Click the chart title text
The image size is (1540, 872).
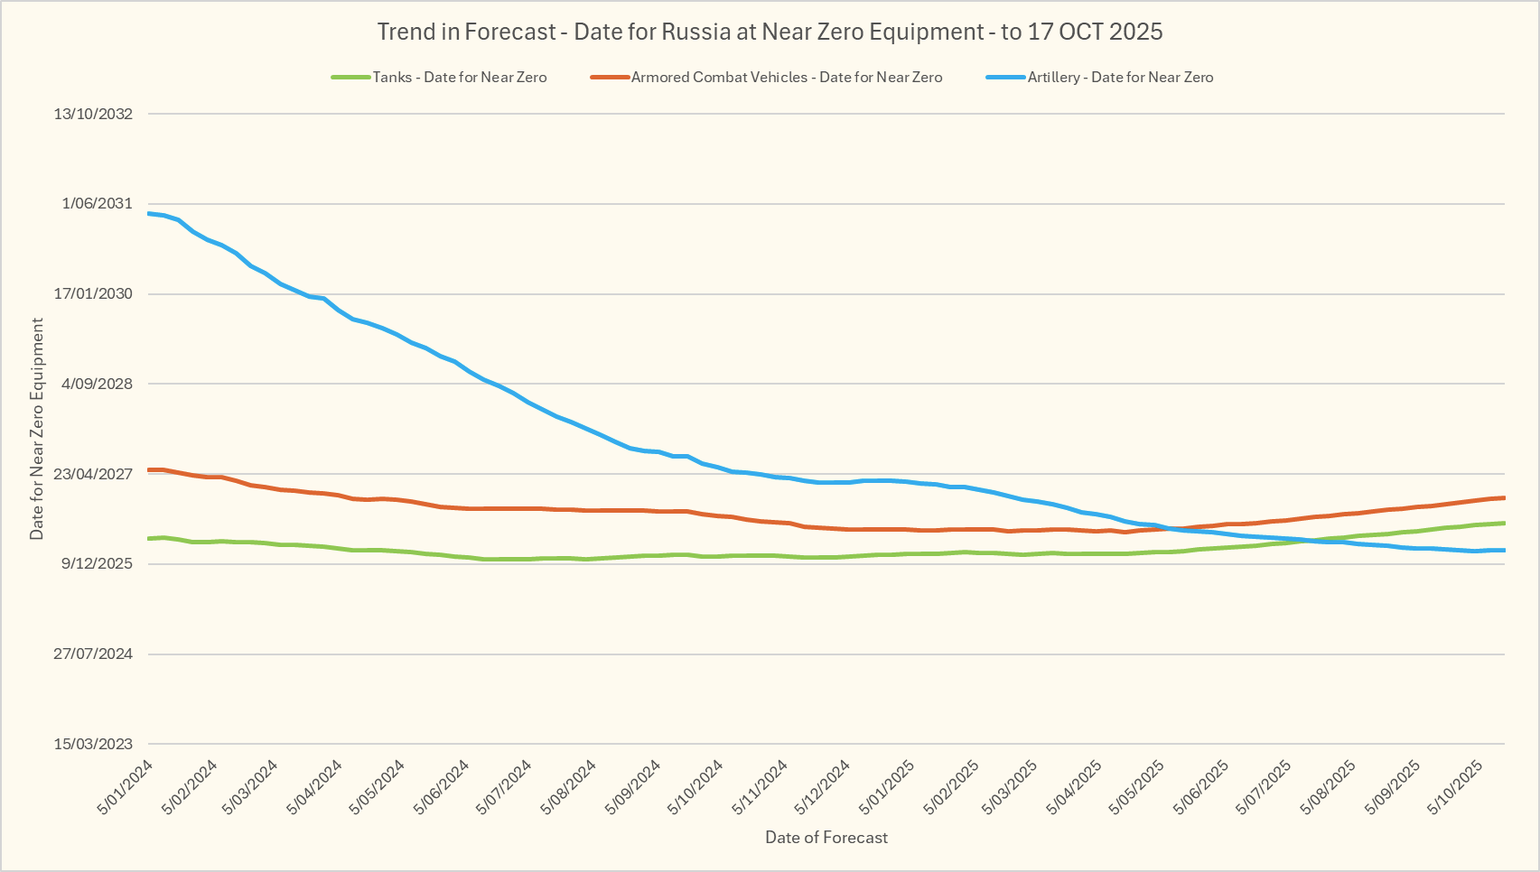[x=770, y=32]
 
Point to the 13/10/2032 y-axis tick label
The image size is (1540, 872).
[x=93, y=114]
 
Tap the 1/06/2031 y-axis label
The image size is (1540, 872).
[x=97, y=204]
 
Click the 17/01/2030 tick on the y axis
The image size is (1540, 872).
[x=93, y=294]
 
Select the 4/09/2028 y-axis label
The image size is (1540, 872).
[x=97, y=384]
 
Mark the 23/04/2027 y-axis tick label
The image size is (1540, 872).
[x=93, y=474]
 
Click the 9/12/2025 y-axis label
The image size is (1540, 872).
[x=97, y=564]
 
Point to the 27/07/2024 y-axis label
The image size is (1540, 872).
[x=93, y=654]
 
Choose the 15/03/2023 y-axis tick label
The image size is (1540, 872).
[x=93, y=745]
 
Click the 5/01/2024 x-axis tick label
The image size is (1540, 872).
[x=126, y=787]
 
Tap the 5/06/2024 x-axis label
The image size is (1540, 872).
[x=443, y=787]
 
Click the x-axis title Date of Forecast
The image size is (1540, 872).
[x=826, y=838]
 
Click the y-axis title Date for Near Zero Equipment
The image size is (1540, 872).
[x=37, y=429]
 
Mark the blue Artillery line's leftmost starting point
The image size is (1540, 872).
[x=149, y=213]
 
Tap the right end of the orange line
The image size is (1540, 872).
[x=1504, y=497]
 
